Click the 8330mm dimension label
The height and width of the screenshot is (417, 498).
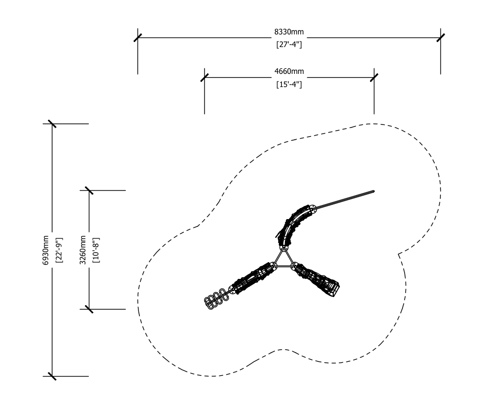(289, 32)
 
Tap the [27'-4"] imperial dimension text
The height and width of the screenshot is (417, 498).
(289, 44)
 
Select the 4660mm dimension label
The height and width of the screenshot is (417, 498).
(289, 71)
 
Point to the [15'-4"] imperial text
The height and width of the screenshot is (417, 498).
(289, 85)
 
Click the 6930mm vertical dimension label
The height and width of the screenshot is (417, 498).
(46, 250)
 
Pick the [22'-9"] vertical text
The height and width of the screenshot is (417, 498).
(59, 250)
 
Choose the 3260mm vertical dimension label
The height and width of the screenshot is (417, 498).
(83, 250)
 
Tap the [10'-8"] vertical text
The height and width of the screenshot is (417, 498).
(96, 250)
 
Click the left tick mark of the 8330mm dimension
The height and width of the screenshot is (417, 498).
(137, 37)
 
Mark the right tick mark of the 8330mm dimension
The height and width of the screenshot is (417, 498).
(440, 37)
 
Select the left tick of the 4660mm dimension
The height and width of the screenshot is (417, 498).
(205, 77)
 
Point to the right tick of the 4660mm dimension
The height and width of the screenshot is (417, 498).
(374, 77)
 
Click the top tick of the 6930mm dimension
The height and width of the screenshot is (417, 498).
(52, 124)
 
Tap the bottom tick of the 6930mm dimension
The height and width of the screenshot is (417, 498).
(52, 376)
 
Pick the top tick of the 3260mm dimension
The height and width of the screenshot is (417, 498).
(89, 190)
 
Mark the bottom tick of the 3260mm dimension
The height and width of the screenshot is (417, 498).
(89, 309)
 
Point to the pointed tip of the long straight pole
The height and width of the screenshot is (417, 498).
(375, 191)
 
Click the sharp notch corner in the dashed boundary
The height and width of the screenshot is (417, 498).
(399, 254)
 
